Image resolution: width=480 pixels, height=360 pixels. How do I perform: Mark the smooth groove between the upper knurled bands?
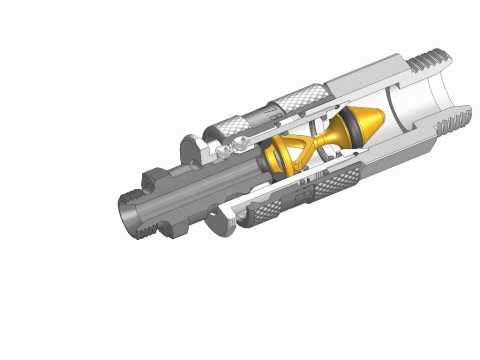262,112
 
